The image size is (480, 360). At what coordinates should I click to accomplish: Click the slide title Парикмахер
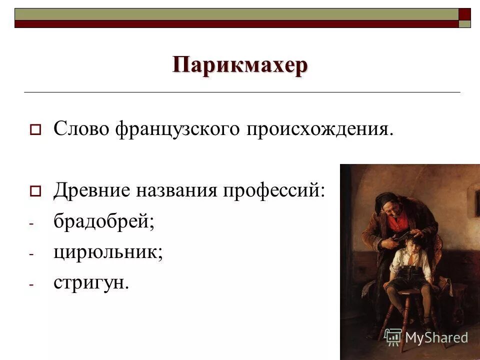click(x=240, y=65)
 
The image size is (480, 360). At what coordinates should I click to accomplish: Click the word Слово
click(x=82, y=129)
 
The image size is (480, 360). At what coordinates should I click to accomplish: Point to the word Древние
click(x=89, y=190)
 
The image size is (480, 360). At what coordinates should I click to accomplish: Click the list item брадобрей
click(x=103, y=220)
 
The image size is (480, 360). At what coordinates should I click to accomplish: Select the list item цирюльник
click(x=108, y=251)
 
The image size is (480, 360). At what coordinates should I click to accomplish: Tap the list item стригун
click(x=91, y=282)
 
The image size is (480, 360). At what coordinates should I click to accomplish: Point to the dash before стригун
click(x=30, y=285)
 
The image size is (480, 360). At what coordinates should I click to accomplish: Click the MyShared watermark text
click(x=436, y=337)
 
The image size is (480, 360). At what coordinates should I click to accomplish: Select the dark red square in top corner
click(x=464, y=13)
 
